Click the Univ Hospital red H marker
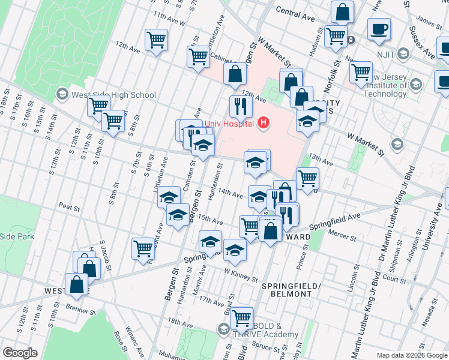pos(262,124)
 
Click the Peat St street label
pos(69,207)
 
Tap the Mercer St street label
pos(344,238)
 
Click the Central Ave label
pos(295,14)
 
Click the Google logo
pos(20,353)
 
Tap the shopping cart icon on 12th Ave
pos(156,40)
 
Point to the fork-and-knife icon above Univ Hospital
pos(241,106)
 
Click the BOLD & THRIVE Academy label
pos(265,329)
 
